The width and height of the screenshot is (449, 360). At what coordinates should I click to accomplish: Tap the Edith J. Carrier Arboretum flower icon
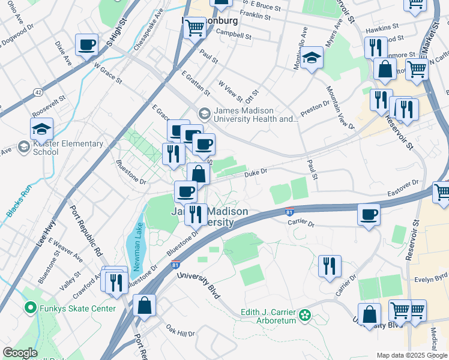pos(305,314)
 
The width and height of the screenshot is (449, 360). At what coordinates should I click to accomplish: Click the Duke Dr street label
pos(255,173)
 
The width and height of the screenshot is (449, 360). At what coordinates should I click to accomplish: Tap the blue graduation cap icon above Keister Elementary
pos(42,129)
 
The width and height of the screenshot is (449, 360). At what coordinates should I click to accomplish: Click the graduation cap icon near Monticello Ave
pos(312,58)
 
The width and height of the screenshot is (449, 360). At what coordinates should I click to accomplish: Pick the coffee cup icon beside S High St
pos(87,44)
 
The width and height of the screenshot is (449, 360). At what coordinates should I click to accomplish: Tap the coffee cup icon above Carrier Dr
pos(369,214)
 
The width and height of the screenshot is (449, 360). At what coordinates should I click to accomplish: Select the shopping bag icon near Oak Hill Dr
pos(144,305)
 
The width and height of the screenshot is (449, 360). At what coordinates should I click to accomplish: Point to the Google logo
pos(20,353)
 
